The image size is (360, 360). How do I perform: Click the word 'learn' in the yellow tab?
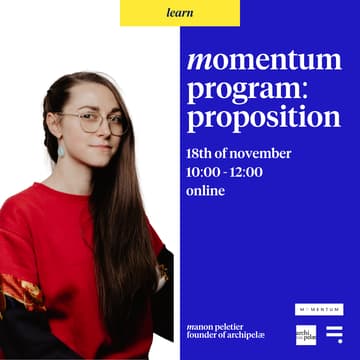(x=180, y=12)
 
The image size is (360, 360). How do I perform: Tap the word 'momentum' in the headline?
(x=264, y=61)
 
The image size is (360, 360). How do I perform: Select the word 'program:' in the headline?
(x=248, y=90)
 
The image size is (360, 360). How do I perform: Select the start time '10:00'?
(x=203, y=172)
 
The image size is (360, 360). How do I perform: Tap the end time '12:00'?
(x=245, y=172)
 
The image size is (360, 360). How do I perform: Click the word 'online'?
(x=206, y=190)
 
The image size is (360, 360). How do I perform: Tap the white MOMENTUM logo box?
(x=319, y=309)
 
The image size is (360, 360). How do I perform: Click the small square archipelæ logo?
(x=306, y=334)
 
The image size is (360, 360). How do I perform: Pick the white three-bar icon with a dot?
(x=334, y=334)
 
